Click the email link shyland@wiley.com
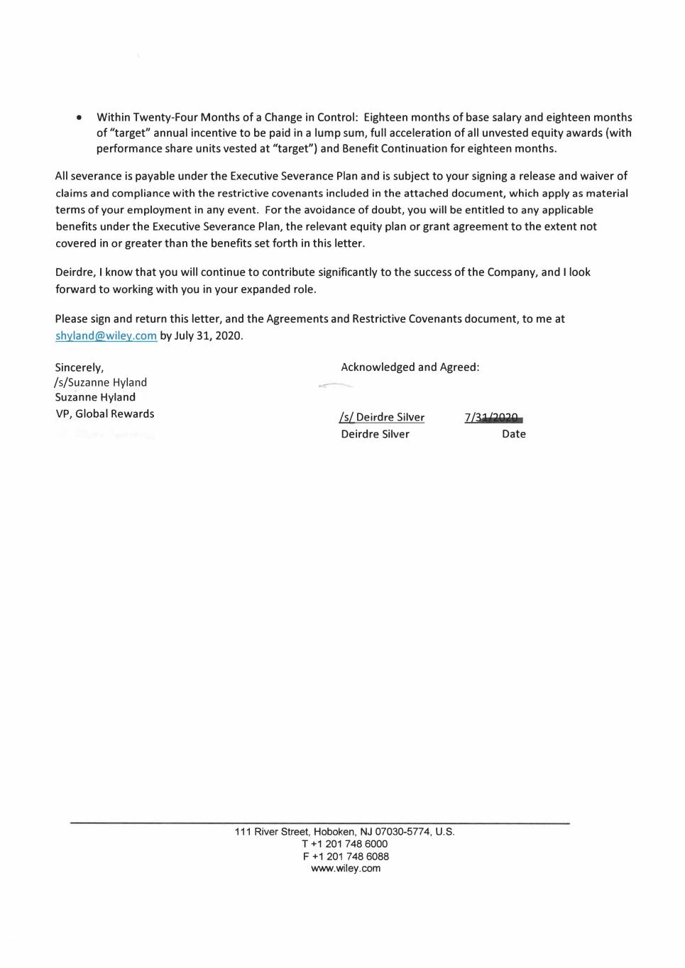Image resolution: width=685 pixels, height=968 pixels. [106, 336]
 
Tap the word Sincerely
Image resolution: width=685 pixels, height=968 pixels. [79, 367]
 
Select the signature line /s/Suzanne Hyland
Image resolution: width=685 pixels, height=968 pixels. [101, 382]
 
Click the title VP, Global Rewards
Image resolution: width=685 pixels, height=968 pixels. [104, 413]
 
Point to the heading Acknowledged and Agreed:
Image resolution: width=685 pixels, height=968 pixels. [410, 367]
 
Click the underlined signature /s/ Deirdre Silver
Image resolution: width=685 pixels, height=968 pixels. [382, 418]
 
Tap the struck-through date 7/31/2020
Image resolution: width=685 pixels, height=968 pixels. [493, 418]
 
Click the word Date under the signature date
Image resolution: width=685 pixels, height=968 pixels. [513, 434]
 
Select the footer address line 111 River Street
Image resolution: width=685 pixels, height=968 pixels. [344, 832]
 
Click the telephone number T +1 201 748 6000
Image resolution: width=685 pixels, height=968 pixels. [345, 844]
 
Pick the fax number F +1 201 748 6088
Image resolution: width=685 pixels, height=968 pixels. [346, 856]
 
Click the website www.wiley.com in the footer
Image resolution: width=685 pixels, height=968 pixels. [346, 868]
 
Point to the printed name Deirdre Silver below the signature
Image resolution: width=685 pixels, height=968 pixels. [375, 434]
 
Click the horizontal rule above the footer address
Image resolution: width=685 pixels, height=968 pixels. [319, 823]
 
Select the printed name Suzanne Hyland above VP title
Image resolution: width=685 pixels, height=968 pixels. [95, 397]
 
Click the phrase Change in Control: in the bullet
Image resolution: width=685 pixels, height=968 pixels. [311, 118]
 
